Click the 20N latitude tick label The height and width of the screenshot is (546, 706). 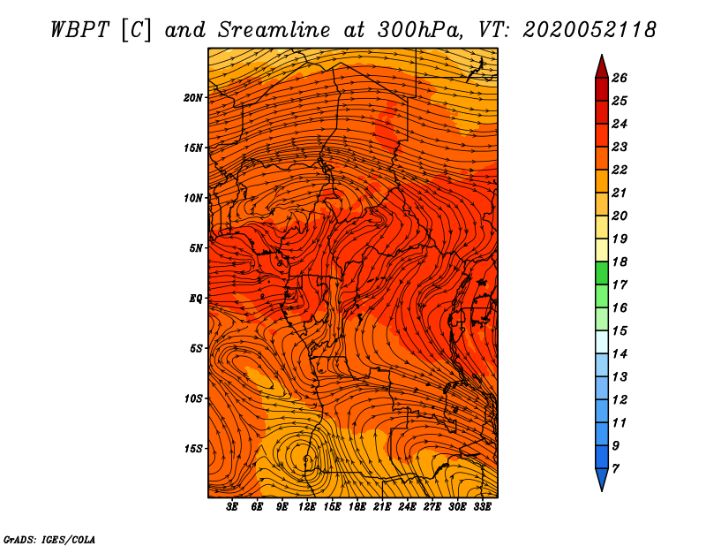192,98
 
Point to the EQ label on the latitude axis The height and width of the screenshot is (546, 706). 195,299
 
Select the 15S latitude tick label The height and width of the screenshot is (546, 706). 192,449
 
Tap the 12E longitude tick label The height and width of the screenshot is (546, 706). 307,506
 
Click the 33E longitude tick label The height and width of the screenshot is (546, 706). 482,506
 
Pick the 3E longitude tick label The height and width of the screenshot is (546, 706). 232,506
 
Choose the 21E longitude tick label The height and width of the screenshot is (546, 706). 382,506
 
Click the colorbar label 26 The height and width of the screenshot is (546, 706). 620,78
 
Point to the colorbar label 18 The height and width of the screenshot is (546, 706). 620,262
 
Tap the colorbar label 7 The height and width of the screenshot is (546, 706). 615,469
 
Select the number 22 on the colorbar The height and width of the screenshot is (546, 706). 620,170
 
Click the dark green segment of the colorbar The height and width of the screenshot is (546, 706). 602,273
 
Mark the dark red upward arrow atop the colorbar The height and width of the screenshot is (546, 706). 602,67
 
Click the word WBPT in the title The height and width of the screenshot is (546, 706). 79,30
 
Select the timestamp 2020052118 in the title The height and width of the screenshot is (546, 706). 590,30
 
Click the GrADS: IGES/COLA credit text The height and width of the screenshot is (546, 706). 49,539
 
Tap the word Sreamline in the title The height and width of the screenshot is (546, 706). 274,30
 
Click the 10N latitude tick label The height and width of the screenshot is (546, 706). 192,199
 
